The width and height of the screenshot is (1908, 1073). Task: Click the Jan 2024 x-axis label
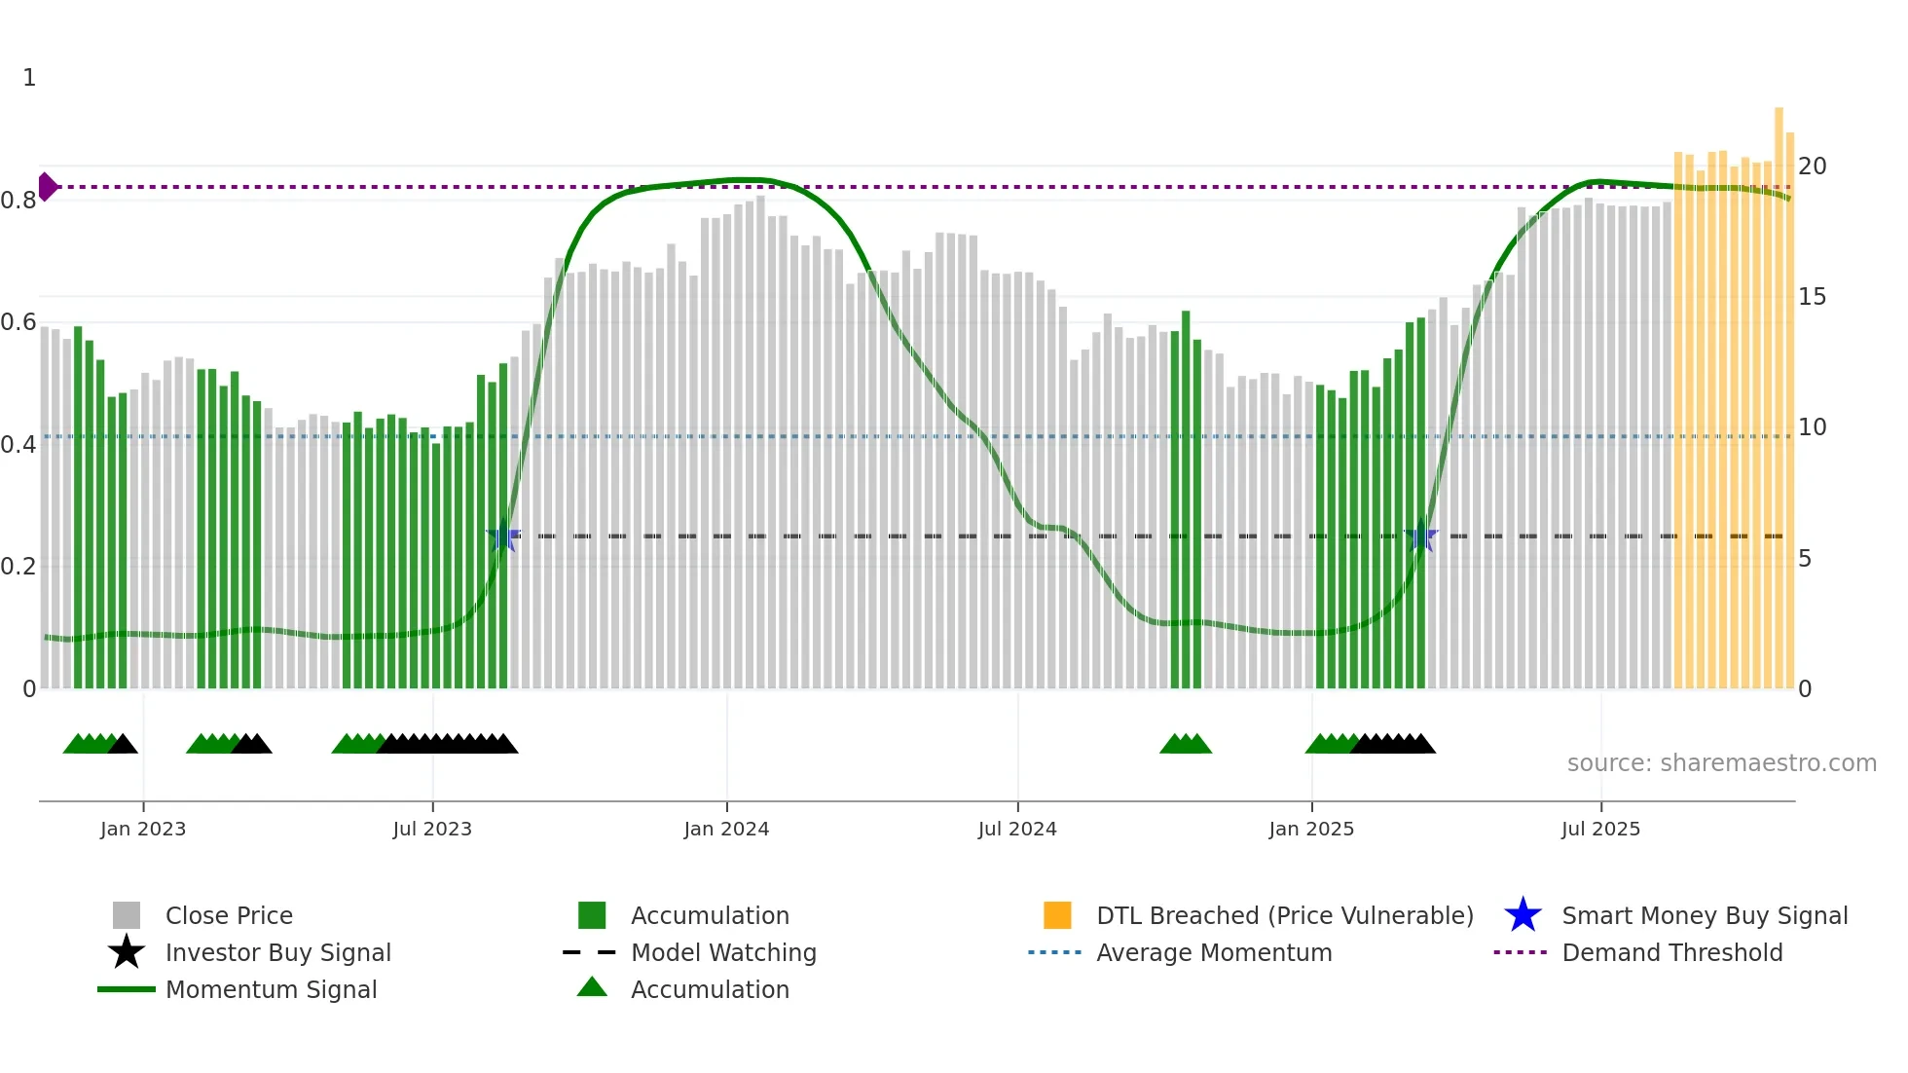[726, 830]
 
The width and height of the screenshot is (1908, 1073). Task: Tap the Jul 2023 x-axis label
[432, 830]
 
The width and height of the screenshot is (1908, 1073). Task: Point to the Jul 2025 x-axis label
[1600, 830]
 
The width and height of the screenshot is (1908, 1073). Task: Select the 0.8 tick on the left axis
[18, 201]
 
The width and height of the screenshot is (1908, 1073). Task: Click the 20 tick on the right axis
[1812, 166]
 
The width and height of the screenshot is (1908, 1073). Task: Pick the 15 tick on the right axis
[1812, 297]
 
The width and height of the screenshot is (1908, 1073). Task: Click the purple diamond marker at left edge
[47, 186]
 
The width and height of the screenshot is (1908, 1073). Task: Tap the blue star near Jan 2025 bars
[1421, 536]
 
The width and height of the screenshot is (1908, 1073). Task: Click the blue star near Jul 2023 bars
[503, 536]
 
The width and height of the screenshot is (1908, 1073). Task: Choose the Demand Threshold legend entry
[1671, 953]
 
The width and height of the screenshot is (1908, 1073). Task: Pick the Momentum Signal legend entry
[271, 990]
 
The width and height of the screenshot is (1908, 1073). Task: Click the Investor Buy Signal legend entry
[277, 953]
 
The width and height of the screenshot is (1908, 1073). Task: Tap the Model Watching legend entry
[723, 953]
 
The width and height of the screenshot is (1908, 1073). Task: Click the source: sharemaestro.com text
[1721, 763]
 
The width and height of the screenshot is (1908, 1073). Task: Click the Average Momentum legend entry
[1213, 953]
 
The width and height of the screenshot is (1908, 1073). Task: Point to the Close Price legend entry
[229, 916]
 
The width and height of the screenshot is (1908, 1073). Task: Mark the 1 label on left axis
[29, 78]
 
